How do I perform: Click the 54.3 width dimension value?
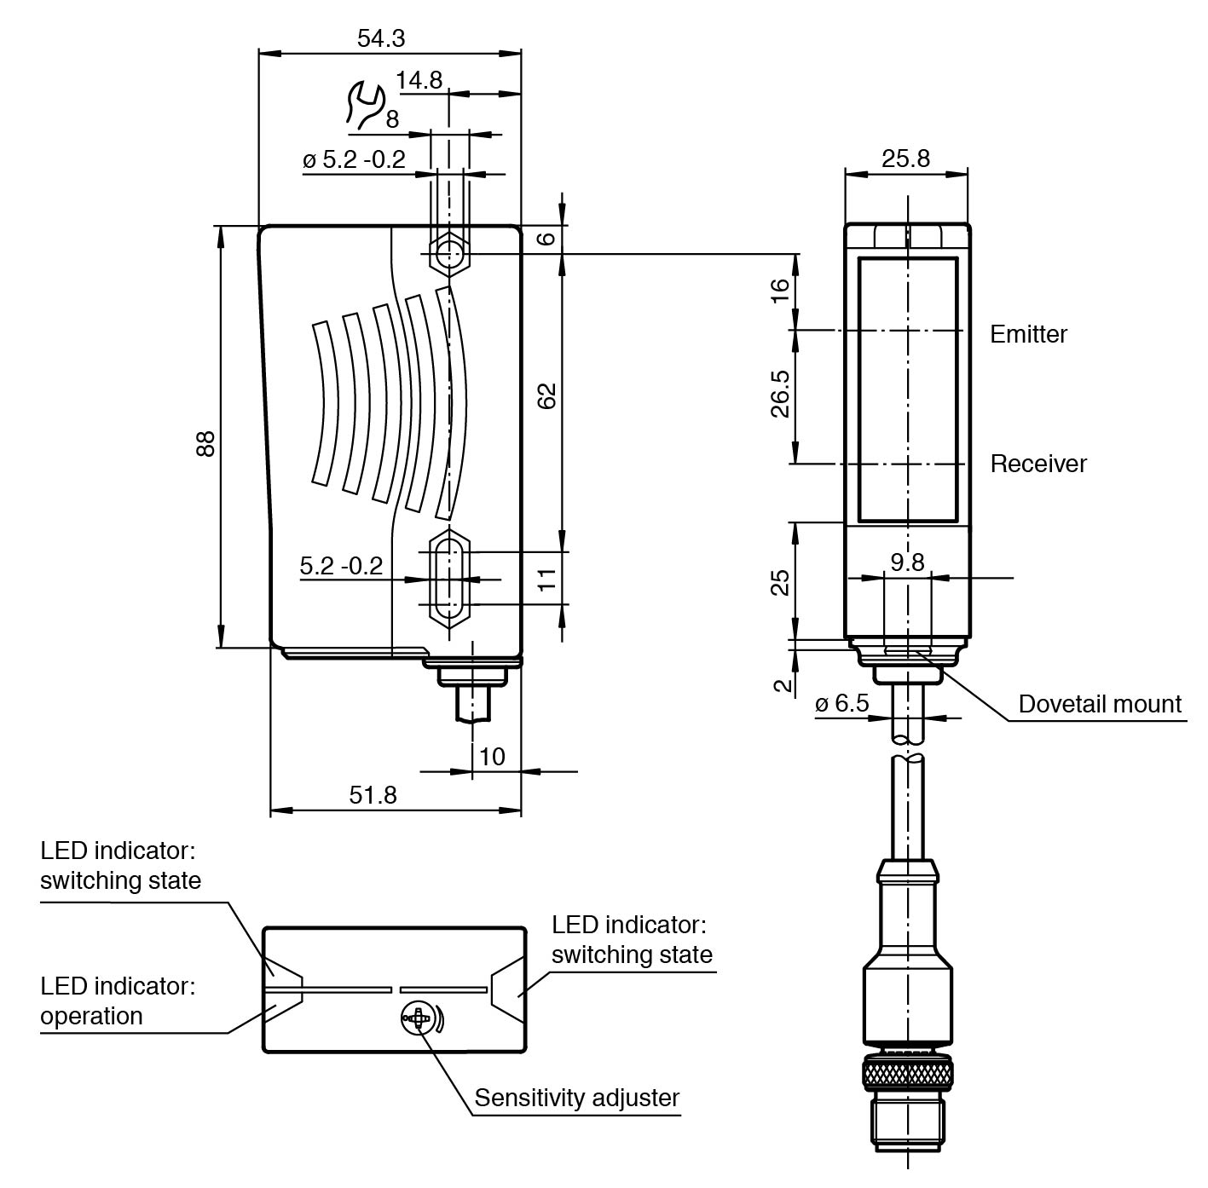click(380, 38)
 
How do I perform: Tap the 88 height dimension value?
click(205, 444)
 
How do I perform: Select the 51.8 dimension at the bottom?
click(373, 794)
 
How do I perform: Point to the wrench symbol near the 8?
click(364, 105)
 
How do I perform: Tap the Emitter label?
click(1028, 334)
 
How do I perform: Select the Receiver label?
click(1038, 464)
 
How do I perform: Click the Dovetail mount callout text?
click(1100, 704)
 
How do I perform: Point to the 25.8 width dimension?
click(905, 159)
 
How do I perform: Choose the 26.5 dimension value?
click(780, 394)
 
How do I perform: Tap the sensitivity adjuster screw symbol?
click(418, 1018)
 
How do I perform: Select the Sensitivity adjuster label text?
click(576, 1097)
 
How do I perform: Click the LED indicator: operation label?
click(118, 1001)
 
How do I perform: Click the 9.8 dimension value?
click(907, 562)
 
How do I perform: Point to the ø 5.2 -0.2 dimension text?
click(354, 159)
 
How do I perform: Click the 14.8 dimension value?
click(419, 80)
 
